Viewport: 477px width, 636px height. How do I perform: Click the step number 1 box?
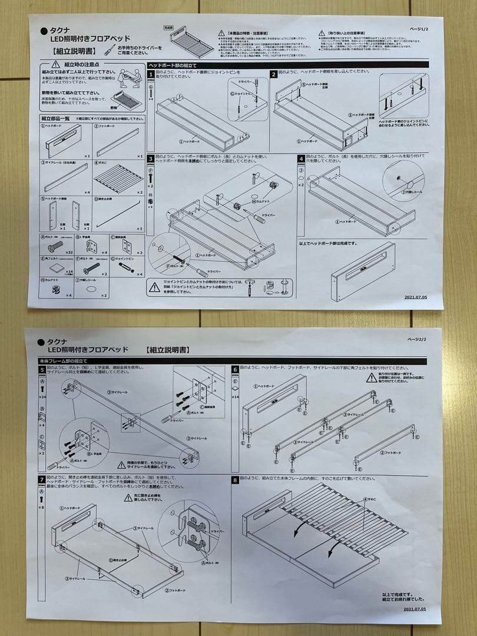[151, 74]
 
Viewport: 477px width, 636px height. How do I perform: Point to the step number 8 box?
[236, 480]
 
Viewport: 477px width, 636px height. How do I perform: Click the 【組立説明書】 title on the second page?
[168, 350]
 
